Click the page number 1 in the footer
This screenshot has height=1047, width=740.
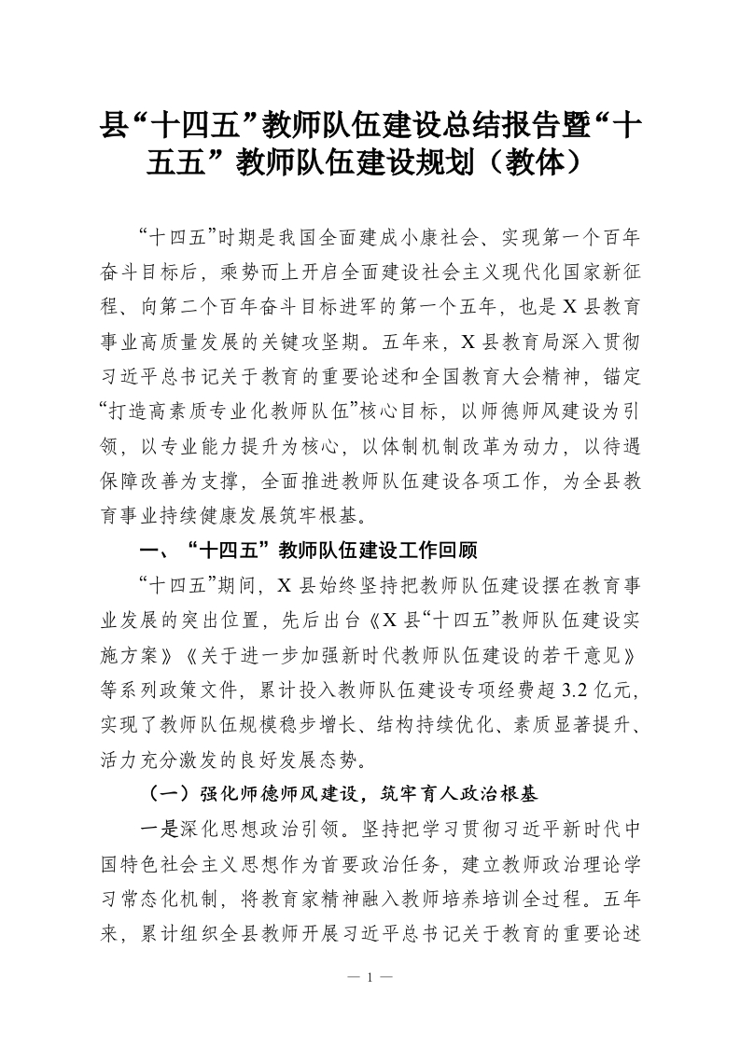point(370,978)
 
